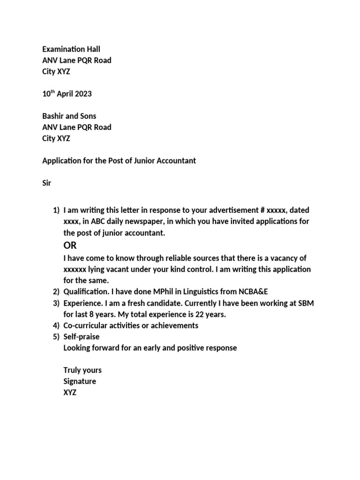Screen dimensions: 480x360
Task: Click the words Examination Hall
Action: pyautogui.click(x=71, y=49)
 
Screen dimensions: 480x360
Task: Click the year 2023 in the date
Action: pyautogui.click(x=82, y=94)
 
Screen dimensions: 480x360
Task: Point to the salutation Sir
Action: pyautogui.click(x=46, y=183)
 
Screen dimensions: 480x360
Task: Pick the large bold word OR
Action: pyautogui.click(x=70, y=246)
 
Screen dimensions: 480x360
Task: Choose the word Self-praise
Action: pyautogui.click(x=82, y=337)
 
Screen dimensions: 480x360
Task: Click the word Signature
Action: pyautogui.click(x=80, y=382)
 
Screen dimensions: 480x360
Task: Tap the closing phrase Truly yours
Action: pyautogui.click(x=82, y=370)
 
